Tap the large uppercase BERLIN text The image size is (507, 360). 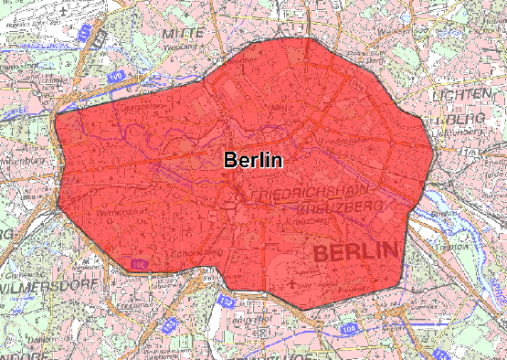355,250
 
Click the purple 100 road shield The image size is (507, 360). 138,265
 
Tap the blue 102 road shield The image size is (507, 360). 227,300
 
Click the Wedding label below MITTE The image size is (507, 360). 186,44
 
